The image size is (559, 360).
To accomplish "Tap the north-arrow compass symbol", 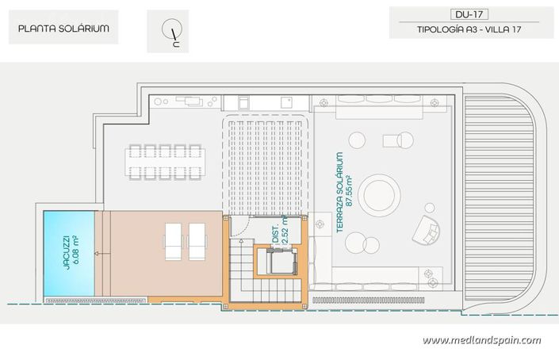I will [170, 32].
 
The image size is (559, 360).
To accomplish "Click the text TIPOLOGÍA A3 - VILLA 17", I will [471, 30].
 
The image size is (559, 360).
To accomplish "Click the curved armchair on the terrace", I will [429, 229].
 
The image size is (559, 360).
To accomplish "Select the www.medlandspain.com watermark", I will [481, 340].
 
